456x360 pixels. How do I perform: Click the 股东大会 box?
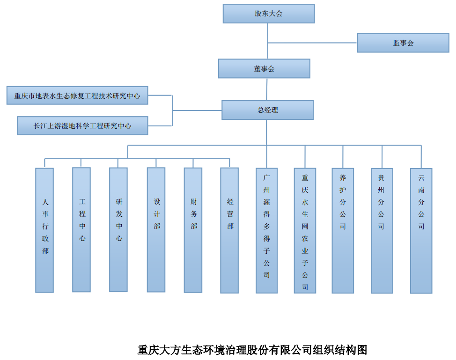pos(269,14)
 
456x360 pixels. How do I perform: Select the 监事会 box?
pos(403,43)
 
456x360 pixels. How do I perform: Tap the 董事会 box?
pos(264,68)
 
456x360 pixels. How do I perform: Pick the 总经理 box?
pos(267,110)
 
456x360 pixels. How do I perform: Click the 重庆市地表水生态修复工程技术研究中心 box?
pos(77,96)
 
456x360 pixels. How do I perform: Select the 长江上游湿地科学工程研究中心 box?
pos(82,125)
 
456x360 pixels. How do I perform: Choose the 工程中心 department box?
pos(81,229)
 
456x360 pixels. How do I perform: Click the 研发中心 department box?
pos(118,229)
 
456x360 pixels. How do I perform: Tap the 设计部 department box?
pos(156,229)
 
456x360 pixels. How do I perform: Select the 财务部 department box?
pos(193,230)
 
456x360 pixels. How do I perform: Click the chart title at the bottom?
pos(252,350)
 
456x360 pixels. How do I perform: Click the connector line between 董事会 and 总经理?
pos(267,89)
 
